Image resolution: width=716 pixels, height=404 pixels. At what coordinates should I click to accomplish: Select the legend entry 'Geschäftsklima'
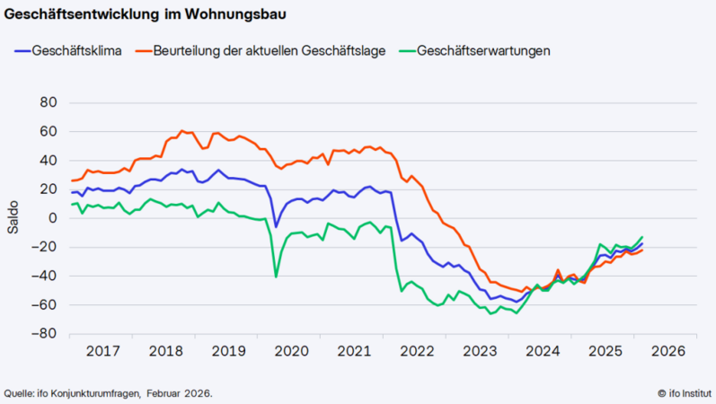tap(75, 50)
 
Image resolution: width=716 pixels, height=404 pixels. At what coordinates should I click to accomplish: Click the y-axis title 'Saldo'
tap(13, 218)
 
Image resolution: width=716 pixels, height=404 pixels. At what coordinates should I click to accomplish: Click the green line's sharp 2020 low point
tap(276, 277)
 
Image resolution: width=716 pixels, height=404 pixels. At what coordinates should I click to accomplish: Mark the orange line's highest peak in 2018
tap(181, 131)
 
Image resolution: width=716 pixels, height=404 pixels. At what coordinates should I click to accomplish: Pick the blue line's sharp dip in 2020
tap(276, 226)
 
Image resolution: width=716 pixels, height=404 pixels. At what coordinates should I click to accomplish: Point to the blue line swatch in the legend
tap(22, 50)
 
